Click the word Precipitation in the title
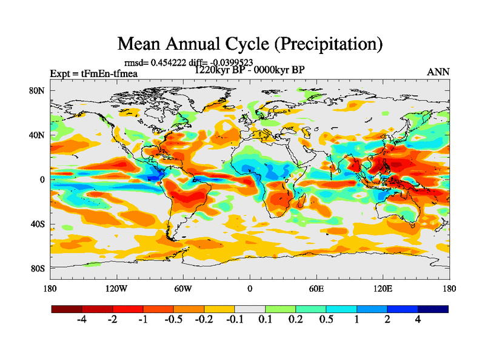click(322, 44)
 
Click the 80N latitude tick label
click(38, 90)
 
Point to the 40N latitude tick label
click(38, 135)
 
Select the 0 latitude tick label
click(42, 180)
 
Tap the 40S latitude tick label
click(39, 224)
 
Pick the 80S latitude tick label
click(39, 268)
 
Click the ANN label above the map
click(438, 72)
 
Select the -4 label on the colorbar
click(82, 319)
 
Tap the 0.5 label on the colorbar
click(326, 319)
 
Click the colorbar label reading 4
click(418, 319)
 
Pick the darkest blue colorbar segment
click(433, 309)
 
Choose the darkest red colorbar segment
click(67, 309)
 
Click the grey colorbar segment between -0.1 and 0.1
click(250, 309)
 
